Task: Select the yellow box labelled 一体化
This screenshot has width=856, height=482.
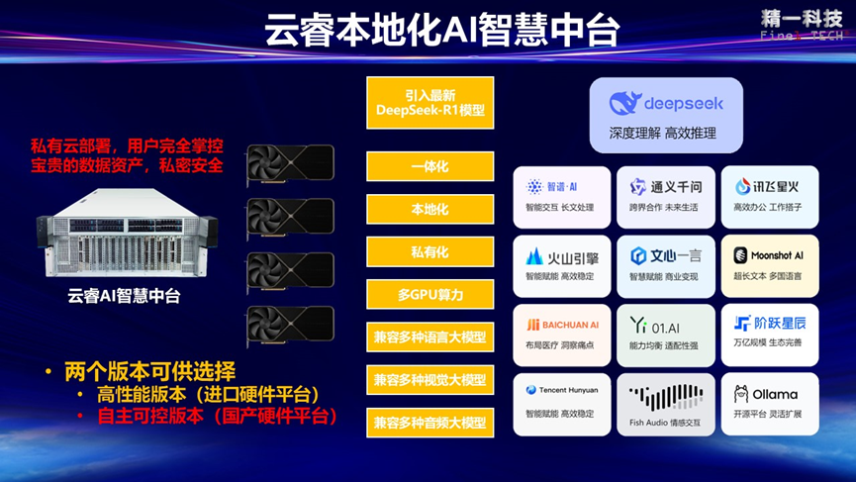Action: click(x=429, y=166)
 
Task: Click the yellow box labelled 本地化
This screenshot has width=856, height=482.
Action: click(x=429, y=210)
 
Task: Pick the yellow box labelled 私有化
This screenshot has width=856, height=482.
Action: click(x=429, y=251)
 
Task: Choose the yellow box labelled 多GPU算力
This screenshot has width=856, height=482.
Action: click(x=429, y=295)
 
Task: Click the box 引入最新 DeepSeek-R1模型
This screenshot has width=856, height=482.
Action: click(x=429, y=103)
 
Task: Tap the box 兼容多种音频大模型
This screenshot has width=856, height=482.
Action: click(x=429, y=423)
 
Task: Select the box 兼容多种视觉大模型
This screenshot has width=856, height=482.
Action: click(x=429, y=380)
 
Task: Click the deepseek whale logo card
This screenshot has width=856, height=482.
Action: click(x=665, y=114)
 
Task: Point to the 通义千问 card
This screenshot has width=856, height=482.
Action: click(x=665, y=195)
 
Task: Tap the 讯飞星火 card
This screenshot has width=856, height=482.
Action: click(x=769, y=195)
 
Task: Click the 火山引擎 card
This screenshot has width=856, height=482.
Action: click(x=561, y=264)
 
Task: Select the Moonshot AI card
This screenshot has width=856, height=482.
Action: click(x=769, y=264)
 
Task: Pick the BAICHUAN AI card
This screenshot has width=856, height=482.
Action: click(x=561, y=333)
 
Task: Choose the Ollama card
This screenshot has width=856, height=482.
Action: click(x=769, y=402)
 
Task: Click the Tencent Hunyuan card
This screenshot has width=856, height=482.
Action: click(x=561, y=402)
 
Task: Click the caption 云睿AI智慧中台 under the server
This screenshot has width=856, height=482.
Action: click(x=124, y=295)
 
